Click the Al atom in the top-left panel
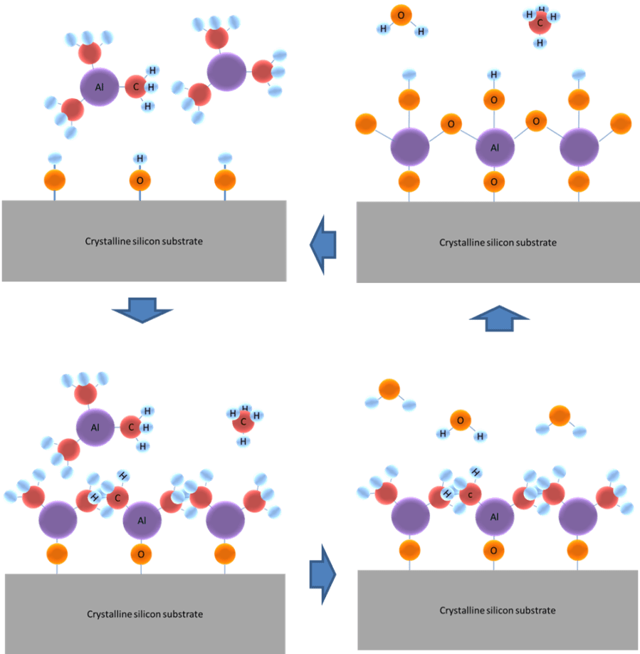tap(99, 87)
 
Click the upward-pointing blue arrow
tap(500, 318)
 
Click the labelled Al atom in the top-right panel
tap(494, 148)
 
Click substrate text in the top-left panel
tap(144, 242)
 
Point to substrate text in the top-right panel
tap(498, 242)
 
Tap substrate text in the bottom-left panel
tap(145, 614)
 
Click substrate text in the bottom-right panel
tap(498, 611)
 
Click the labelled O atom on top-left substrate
tap(140, 180)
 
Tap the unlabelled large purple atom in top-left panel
tap(227, 71)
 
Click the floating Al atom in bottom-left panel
tap(95, 427)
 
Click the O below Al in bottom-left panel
tap(141, 554)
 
